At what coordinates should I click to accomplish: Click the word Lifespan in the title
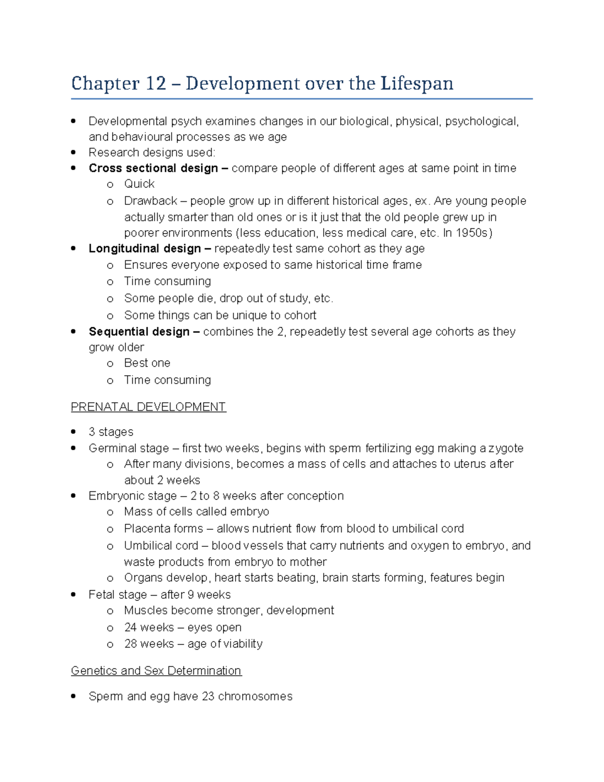417,84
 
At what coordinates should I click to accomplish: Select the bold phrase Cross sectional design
153,168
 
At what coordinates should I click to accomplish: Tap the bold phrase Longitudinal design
144,249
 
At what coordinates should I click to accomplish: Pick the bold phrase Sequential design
139,332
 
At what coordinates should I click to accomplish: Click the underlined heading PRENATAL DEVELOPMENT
148,407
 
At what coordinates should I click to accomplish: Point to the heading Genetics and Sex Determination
156,671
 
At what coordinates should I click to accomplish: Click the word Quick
139,184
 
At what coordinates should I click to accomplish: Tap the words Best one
147,363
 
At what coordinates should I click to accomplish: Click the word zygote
506,448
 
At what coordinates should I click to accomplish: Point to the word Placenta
145,529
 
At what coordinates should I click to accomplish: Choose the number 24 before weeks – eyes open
130,627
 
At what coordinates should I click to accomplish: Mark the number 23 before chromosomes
208,696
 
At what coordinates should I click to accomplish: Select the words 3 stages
111,432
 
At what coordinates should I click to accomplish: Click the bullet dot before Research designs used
73,152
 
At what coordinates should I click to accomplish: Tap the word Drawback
150,201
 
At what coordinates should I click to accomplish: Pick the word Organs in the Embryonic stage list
142,578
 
